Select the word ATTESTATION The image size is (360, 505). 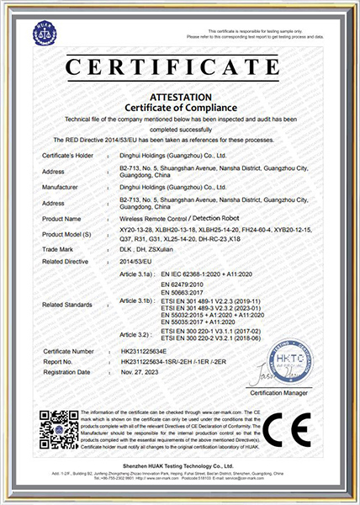[180, 97]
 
